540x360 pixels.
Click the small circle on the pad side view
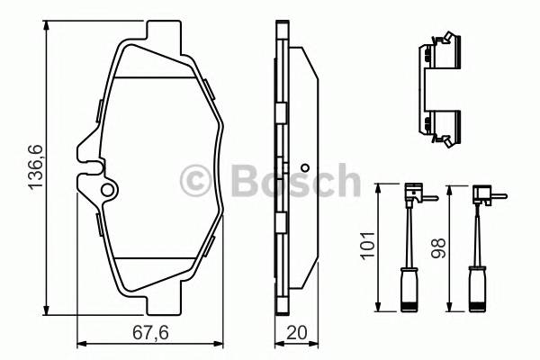305,168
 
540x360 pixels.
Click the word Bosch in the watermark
284,181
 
